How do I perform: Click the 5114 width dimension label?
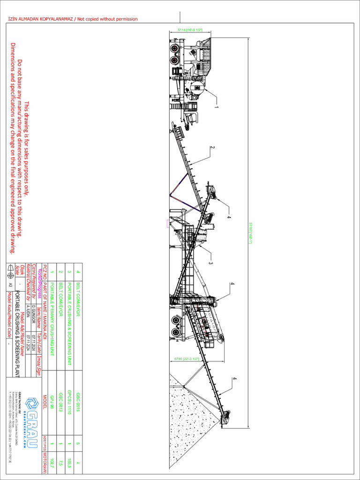click(x=190, y=30)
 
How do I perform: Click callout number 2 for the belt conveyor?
click(x=212, y=148)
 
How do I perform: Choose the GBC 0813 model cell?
click(x=60, y=399)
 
